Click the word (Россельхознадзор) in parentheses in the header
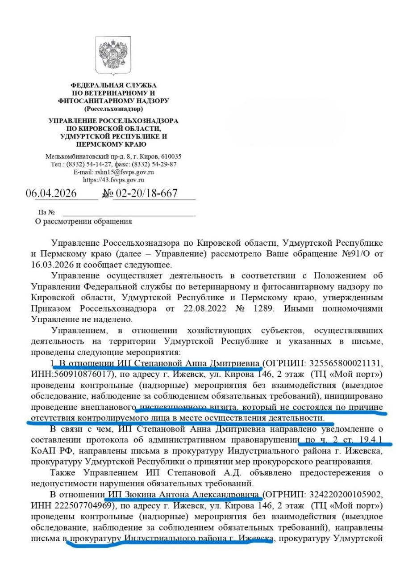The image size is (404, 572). [113, 109]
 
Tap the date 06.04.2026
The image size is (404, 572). [51, 193]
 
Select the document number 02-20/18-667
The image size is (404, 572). [147, 193]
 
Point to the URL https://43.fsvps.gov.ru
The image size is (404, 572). [113, 180]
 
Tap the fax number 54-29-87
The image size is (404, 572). [164, 164]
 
